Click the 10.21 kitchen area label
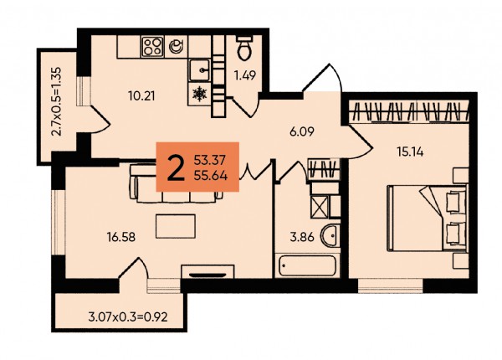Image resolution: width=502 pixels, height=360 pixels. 141,95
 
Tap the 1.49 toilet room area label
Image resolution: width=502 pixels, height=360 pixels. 245,76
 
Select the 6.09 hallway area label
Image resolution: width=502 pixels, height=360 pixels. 301,131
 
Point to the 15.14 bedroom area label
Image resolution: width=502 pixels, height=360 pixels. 410,152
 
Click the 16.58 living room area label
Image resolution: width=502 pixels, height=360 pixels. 121,237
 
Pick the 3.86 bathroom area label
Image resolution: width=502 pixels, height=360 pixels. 302,237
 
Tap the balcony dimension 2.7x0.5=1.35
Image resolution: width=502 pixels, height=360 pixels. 56,101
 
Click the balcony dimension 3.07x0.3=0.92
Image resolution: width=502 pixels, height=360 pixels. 128,317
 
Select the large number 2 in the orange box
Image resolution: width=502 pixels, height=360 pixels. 176,168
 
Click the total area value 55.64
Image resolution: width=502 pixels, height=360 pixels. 211,176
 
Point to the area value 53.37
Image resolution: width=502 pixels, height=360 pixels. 210,159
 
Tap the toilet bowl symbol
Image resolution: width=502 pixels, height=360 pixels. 245,48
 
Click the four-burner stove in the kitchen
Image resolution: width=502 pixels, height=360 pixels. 153,47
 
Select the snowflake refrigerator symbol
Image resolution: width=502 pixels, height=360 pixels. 199,94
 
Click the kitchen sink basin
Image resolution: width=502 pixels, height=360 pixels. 199,70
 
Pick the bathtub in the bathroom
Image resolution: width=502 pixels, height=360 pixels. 307,265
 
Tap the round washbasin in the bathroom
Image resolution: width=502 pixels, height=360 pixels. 330,236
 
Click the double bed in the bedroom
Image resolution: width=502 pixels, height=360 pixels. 427,218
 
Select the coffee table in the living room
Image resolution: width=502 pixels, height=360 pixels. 176,226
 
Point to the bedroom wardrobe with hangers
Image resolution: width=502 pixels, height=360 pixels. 409,111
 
